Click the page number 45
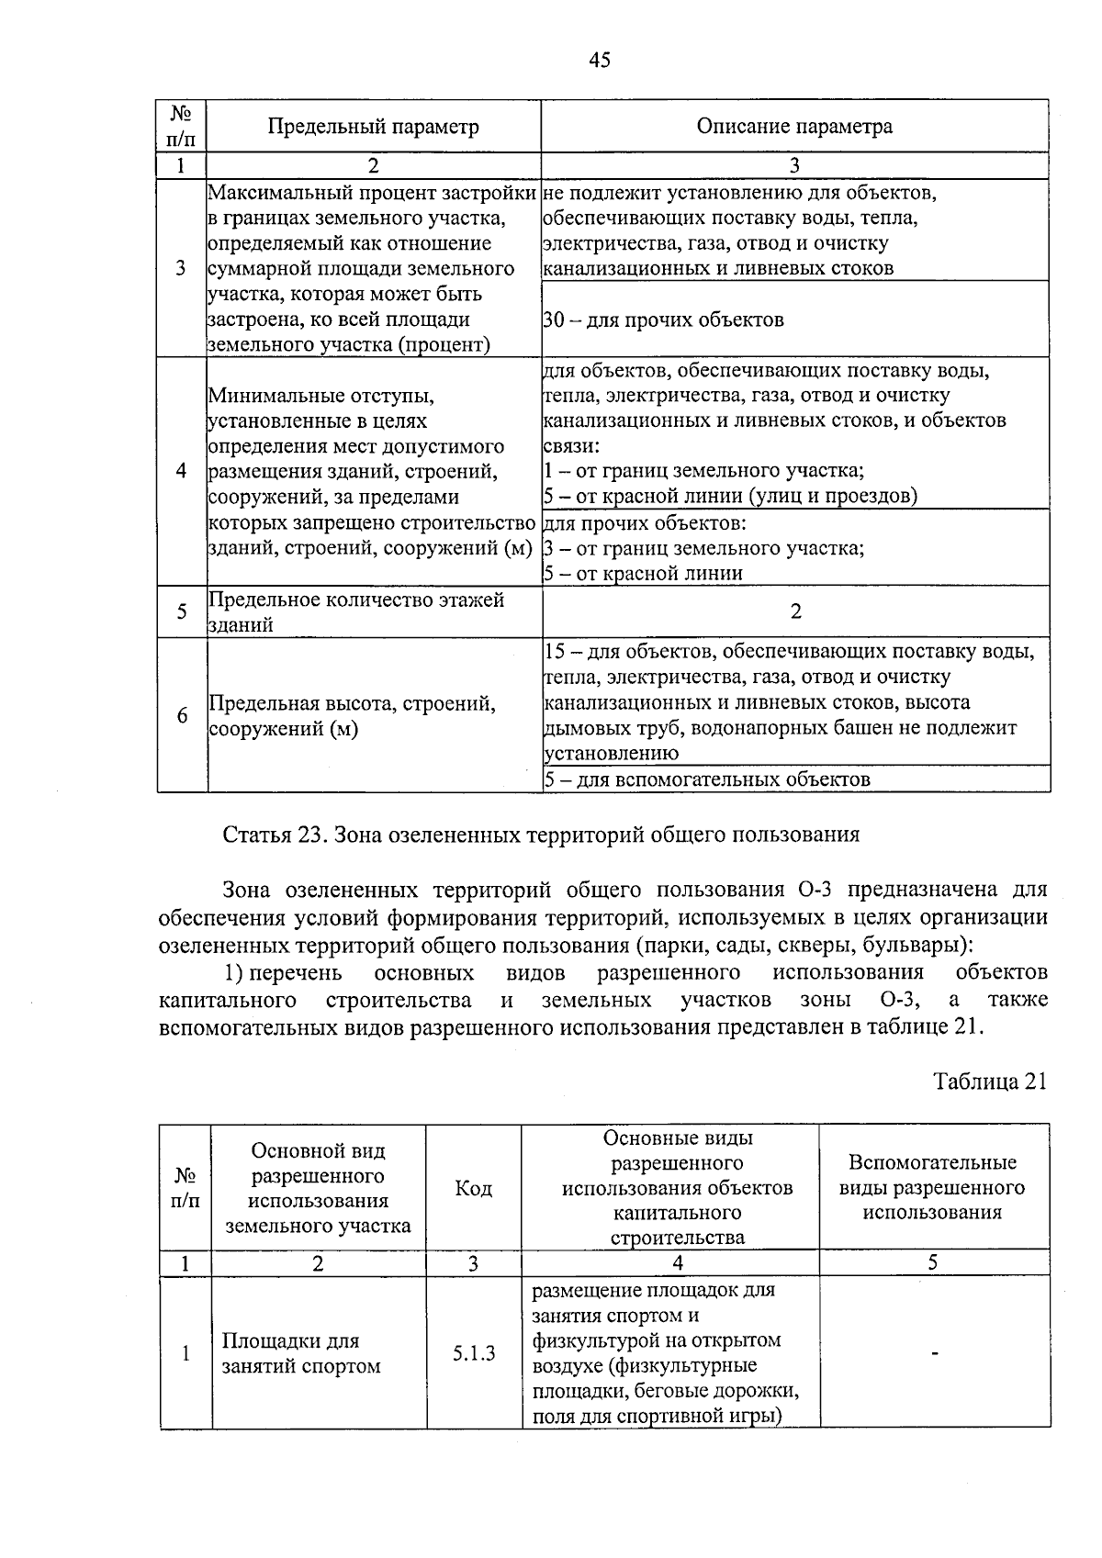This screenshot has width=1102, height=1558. click(x=599, y=61)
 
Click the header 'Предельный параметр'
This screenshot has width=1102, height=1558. click(x=373, y=127)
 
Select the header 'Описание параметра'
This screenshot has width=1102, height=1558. click(x=794, y=127)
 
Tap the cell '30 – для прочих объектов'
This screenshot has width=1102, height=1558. click(x=664, y=320)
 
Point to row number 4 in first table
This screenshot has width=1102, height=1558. click(x=182, y=471)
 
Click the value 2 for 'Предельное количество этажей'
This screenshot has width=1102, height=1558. click(x=795, y=611)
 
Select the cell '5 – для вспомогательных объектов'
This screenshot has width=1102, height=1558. click(x=707, y=779)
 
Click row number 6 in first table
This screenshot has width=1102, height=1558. click(x=182, y=715)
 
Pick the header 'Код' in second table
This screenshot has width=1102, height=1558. click(x=473, y=1188)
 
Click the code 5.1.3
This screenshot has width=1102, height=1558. click(x=473, y=1352)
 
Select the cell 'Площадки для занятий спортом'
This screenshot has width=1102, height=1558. click(x=301, y=1353)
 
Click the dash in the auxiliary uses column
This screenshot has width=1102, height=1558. click(x=934, y=1352)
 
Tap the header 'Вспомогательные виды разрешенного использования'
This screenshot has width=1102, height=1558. click(x=932, y=1187)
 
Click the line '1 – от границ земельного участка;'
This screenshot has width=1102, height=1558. click(x=703, y=471)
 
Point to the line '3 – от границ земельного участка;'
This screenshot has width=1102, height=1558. click(x=703, y=548)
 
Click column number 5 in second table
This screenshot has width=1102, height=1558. click(x=932, y=1262)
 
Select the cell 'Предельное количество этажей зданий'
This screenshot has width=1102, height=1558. click(x=356, y=612)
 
